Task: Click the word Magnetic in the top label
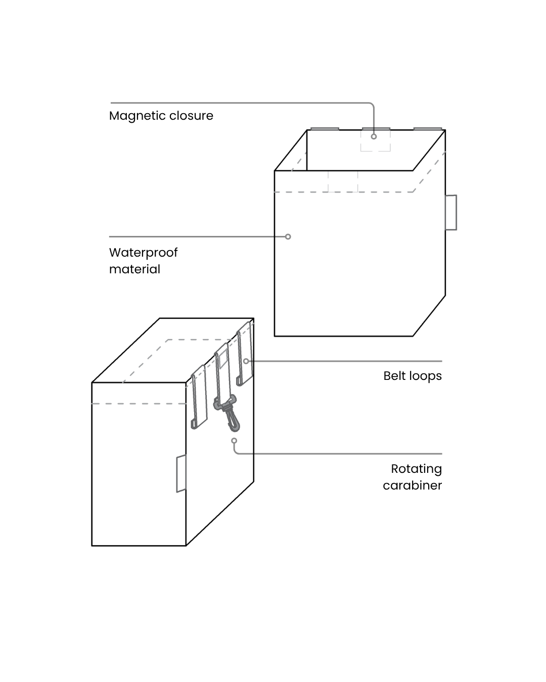tap(132, 116)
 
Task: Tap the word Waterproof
tap(143, 253)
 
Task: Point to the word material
tap(134, 269)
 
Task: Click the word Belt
tap(394, 376)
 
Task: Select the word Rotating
tap(416, 469)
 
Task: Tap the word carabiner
tap(412, 485)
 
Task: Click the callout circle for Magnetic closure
tap(374, 136)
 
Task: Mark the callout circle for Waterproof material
tap(288, 236)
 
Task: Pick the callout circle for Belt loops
tap(246, 361)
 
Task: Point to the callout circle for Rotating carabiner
tap(234, 441)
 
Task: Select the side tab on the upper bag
tap(451, 212)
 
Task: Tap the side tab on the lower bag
tap(181, 473)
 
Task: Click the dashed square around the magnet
tap(375, 140)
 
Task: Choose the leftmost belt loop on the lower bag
tap(199, 397)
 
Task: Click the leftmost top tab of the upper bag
tap(325, 129)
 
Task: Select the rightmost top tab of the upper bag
tap(428, 129)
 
